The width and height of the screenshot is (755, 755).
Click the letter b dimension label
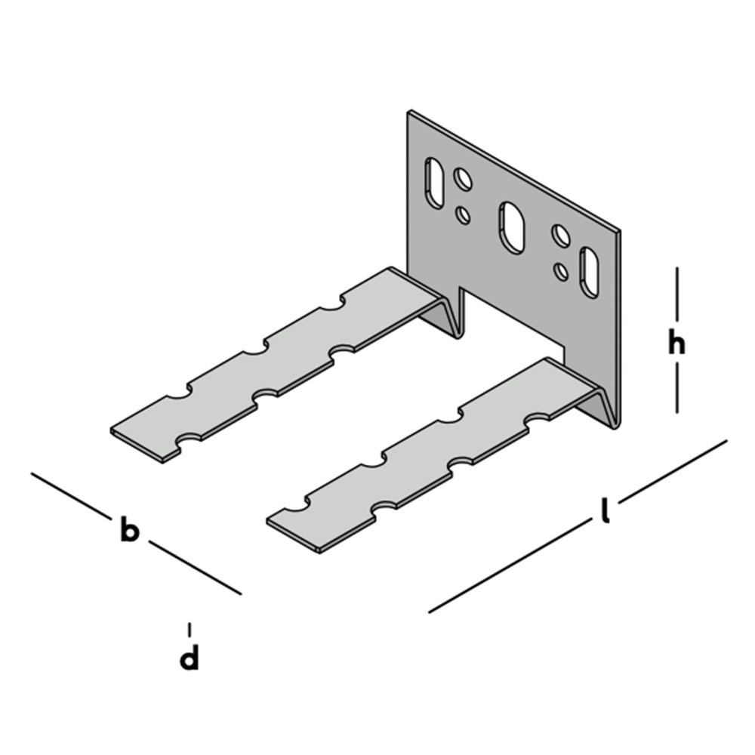point(129,531)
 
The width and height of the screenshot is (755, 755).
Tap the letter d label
point(190,658)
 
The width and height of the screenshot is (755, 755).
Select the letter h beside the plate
point(676,344)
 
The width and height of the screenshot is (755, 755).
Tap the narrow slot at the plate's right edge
point(590,271)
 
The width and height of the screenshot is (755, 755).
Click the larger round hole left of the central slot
point(462,179)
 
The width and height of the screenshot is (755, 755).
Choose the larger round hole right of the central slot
point(560,236)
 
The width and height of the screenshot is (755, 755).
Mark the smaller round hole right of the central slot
point(561,270)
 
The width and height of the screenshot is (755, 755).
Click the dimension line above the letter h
point(676,294)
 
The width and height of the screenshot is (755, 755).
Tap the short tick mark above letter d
point(190,628)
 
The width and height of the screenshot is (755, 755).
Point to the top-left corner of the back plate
point(410,113)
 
